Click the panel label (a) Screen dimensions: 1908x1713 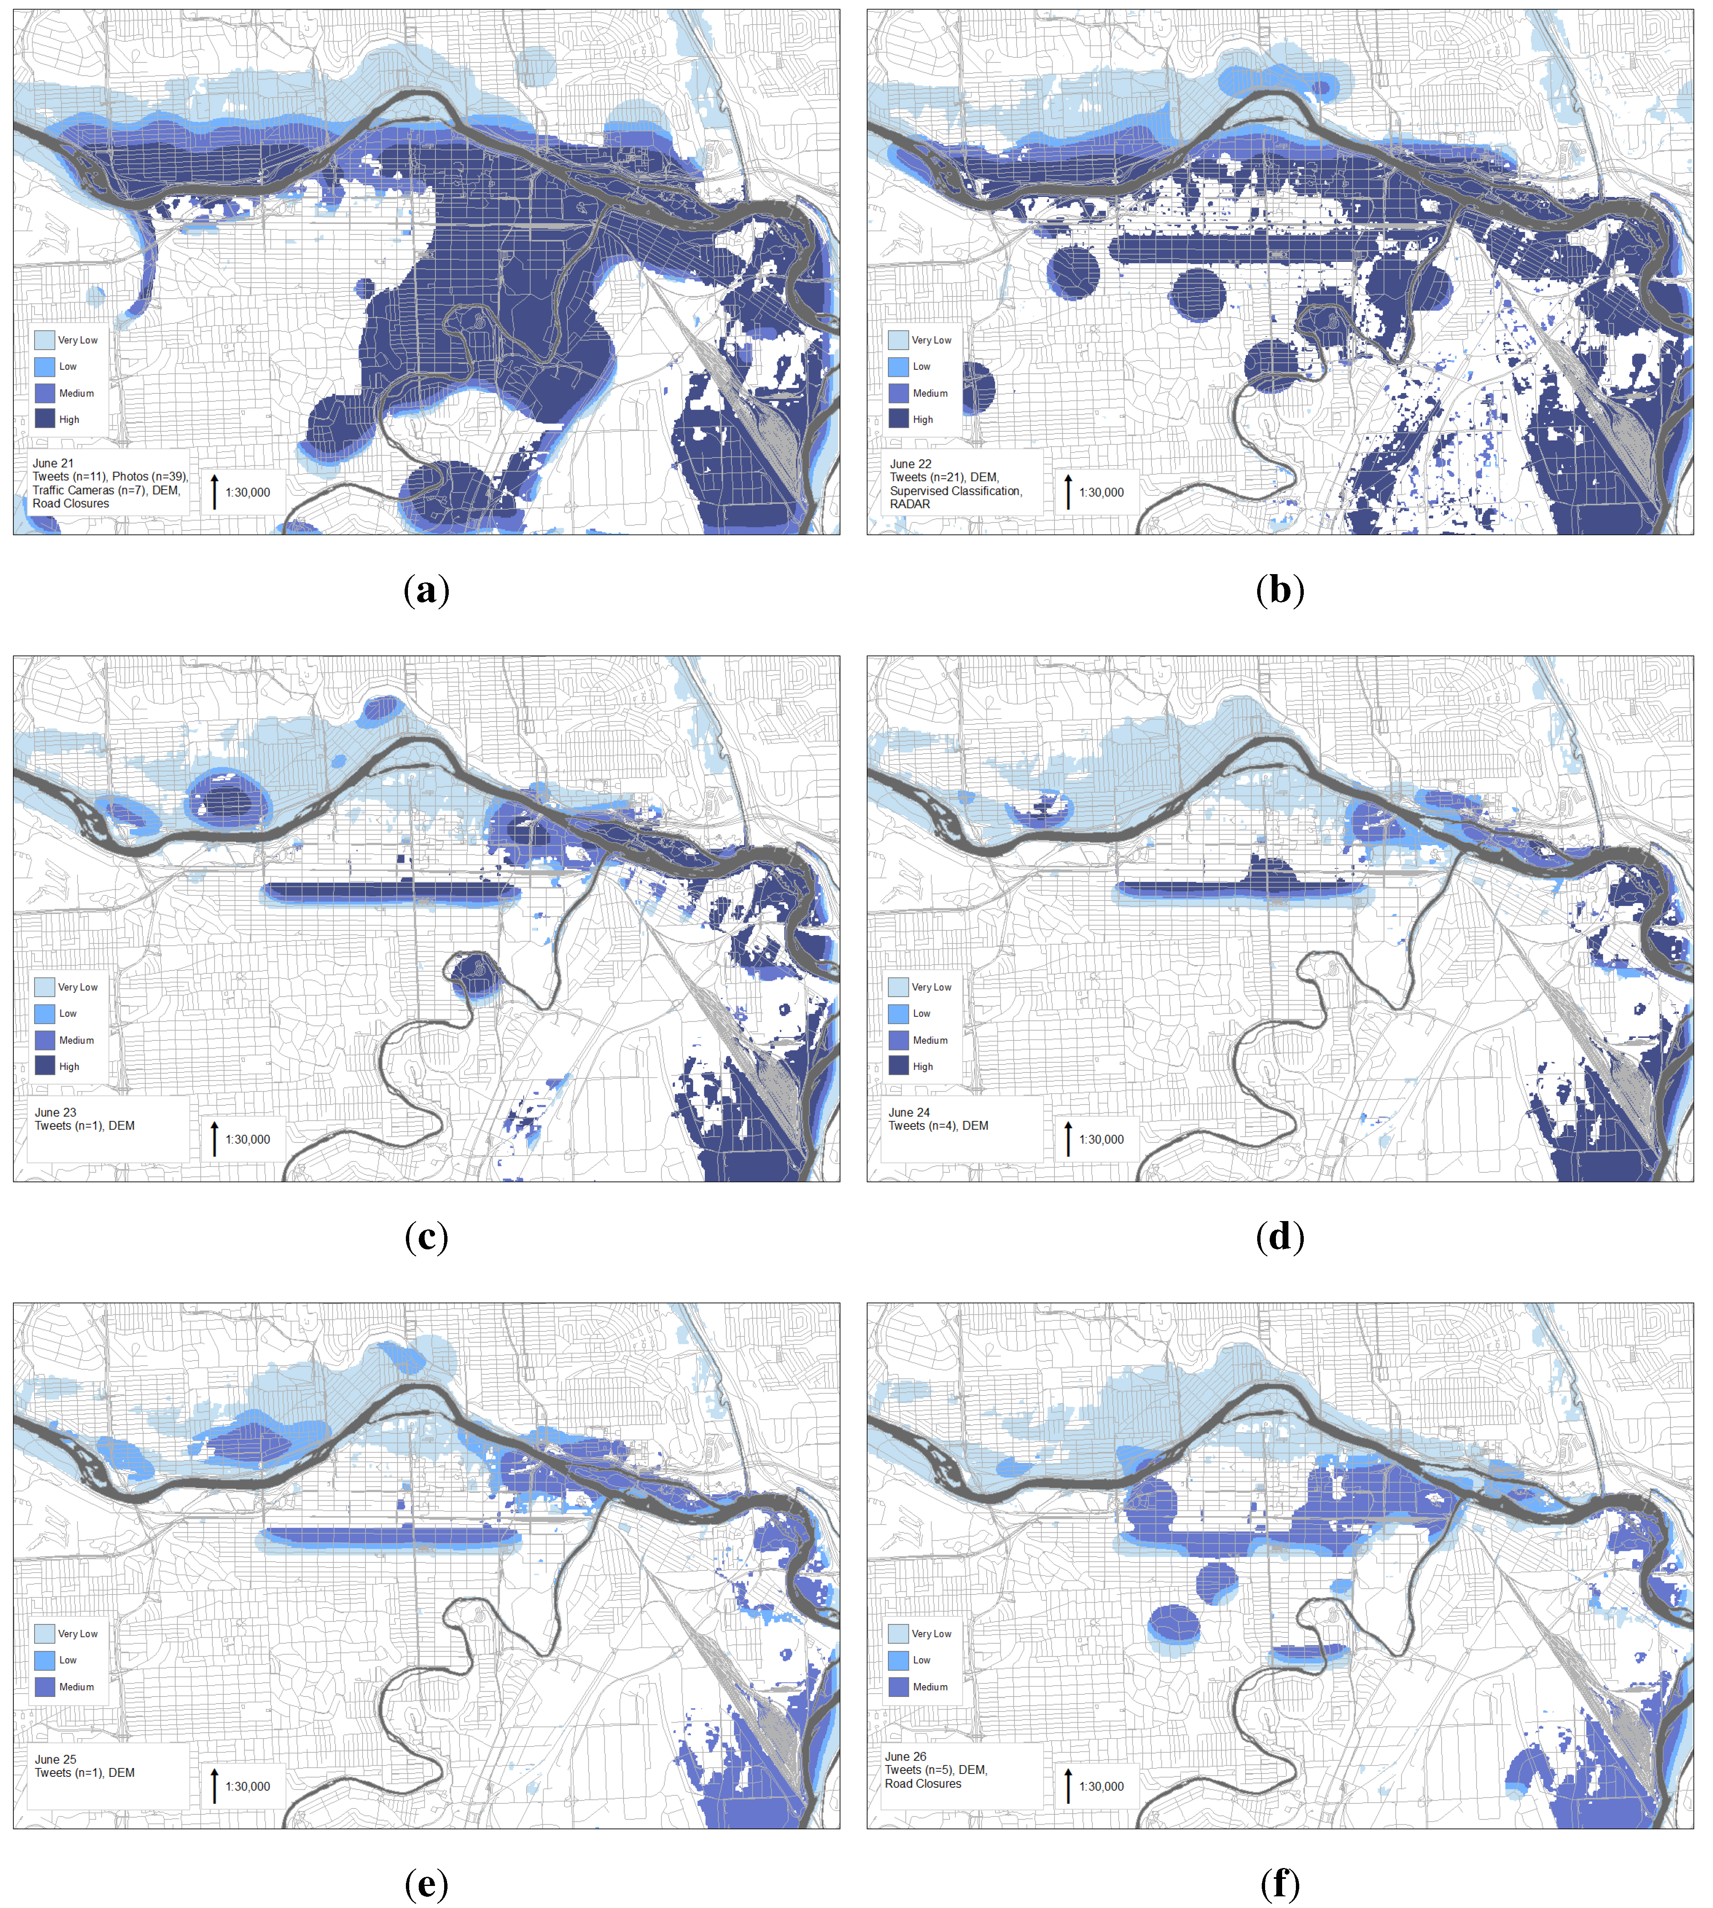point(426,590)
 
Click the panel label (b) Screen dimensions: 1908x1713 point(1280,590)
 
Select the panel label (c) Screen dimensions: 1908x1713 point(426,1237)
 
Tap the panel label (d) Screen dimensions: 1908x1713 point(1280,1237)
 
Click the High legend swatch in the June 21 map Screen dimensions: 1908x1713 point(44,419)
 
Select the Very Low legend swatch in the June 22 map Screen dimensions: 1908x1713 point(898,340)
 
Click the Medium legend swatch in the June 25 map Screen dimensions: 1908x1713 point(44,1687)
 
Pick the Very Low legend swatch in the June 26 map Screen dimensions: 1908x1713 point(898,1633)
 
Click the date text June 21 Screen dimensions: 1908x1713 point(53,463)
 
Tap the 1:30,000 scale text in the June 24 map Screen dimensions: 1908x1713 point(1101,1139)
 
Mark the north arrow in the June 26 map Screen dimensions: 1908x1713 point(1068,1786)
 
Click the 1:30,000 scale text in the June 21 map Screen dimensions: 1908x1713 point(248,492)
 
